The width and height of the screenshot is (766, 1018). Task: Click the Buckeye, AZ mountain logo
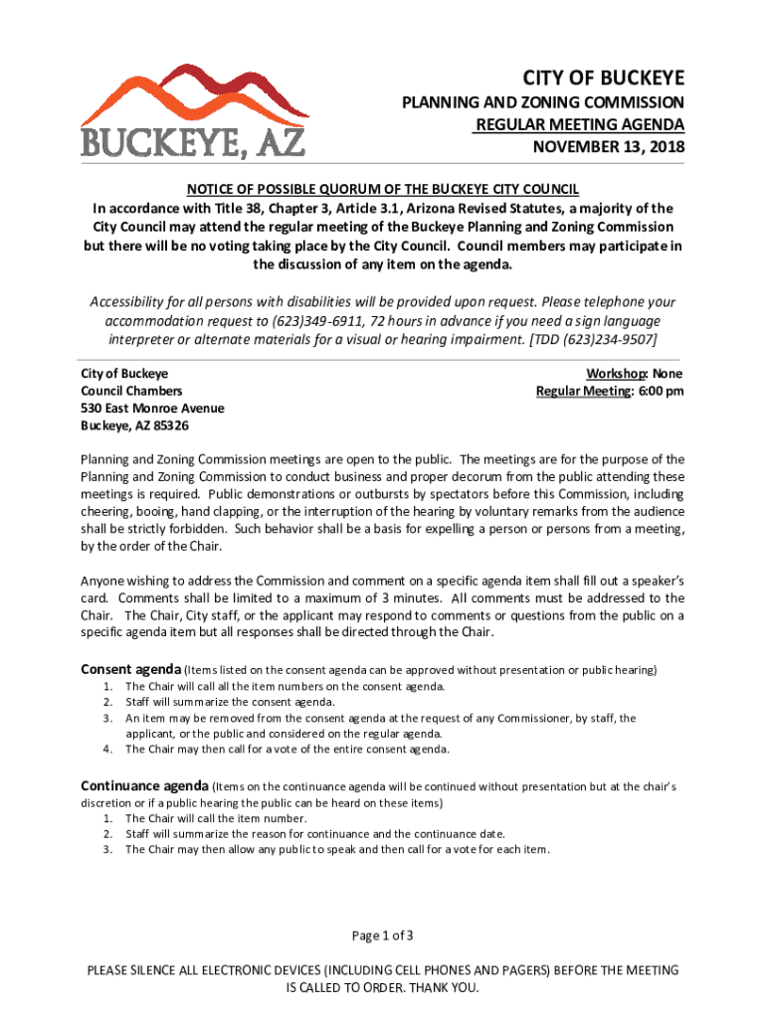coord(194,109)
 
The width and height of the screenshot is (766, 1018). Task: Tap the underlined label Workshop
coord(615,373)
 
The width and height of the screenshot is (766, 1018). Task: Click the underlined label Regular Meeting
coord(582,391)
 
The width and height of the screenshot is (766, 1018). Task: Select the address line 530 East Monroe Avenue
coord(152,409)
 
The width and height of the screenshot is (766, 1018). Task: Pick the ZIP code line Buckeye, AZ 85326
coord(134,426)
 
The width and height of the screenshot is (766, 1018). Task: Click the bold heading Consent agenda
coord(129,669)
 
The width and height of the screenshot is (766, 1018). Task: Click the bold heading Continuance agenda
coord(143,785)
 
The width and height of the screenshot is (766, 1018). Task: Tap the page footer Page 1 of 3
coord(383,935)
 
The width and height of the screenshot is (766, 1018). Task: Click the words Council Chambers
coord(131,391)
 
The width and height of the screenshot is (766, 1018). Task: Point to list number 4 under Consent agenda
coord(106,750)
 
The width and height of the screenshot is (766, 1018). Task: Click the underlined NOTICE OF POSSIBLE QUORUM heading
coord(383,190)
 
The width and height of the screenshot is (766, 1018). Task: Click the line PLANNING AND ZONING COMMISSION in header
coord(542,102)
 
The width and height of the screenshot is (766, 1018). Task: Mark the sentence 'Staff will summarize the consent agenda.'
coord(229,702)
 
